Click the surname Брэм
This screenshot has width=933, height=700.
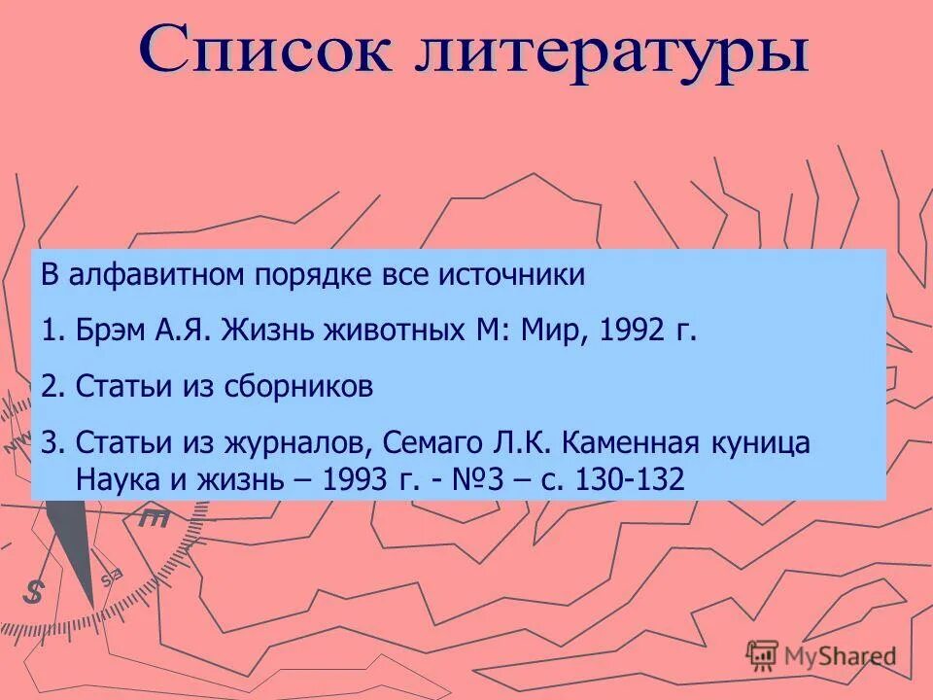pos(110,331)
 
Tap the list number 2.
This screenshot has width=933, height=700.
pos(51,387)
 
